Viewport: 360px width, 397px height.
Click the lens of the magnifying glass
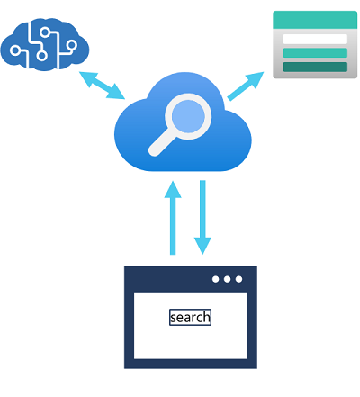point(188,116)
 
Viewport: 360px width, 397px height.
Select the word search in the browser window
point(190,317)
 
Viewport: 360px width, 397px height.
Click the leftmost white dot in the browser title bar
point(215,279)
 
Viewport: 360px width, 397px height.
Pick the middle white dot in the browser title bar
point(227,279)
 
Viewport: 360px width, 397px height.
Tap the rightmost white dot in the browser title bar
point(238,279)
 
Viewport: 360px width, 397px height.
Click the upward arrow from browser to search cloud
point(173,218)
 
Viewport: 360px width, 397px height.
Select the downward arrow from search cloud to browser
point(202,217)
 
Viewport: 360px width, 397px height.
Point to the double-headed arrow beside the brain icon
point(102,86)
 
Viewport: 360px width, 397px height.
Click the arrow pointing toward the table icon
point(246,86)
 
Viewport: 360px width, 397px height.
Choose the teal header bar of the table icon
point(315,20)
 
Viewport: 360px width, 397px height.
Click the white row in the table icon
point(315,39)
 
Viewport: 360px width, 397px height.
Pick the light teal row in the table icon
point(315,53)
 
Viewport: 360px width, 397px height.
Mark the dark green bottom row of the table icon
point(315,67)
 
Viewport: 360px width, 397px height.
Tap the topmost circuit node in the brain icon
point(45,32)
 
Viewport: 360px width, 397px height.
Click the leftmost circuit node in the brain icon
point(15,50)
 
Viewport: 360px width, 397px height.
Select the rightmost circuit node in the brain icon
point(72,45)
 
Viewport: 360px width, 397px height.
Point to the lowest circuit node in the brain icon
point(42,56)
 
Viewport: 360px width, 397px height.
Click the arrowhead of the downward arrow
point(202,246)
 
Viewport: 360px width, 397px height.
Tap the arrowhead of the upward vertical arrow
point(173,190)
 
